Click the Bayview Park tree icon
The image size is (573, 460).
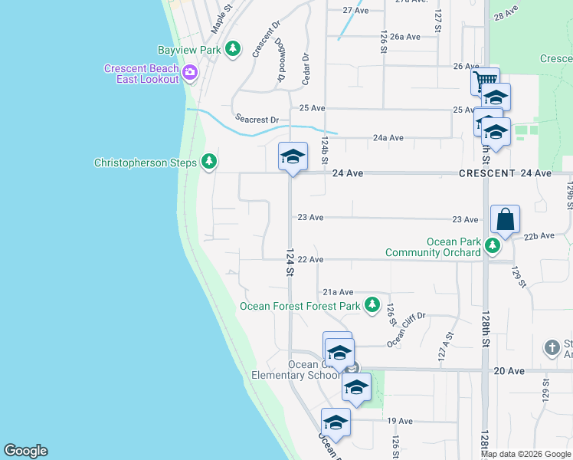234,50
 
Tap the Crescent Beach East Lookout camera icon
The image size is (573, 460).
190,74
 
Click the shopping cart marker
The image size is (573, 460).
485,80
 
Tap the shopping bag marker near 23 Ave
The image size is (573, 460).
506,219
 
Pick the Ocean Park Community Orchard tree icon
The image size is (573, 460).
493,246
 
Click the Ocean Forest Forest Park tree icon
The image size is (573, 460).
372,305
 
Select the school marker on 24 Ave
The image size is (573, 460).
292,157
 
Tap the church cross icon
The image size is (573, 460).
552,347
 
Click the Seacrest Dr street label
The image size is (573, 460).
257,120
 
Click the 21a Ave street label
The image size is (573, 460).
337,292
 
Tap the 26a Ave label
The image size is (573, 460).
405,36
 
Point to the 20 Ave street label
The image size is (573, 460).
509,371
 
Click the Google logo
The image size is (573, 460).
25,451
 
